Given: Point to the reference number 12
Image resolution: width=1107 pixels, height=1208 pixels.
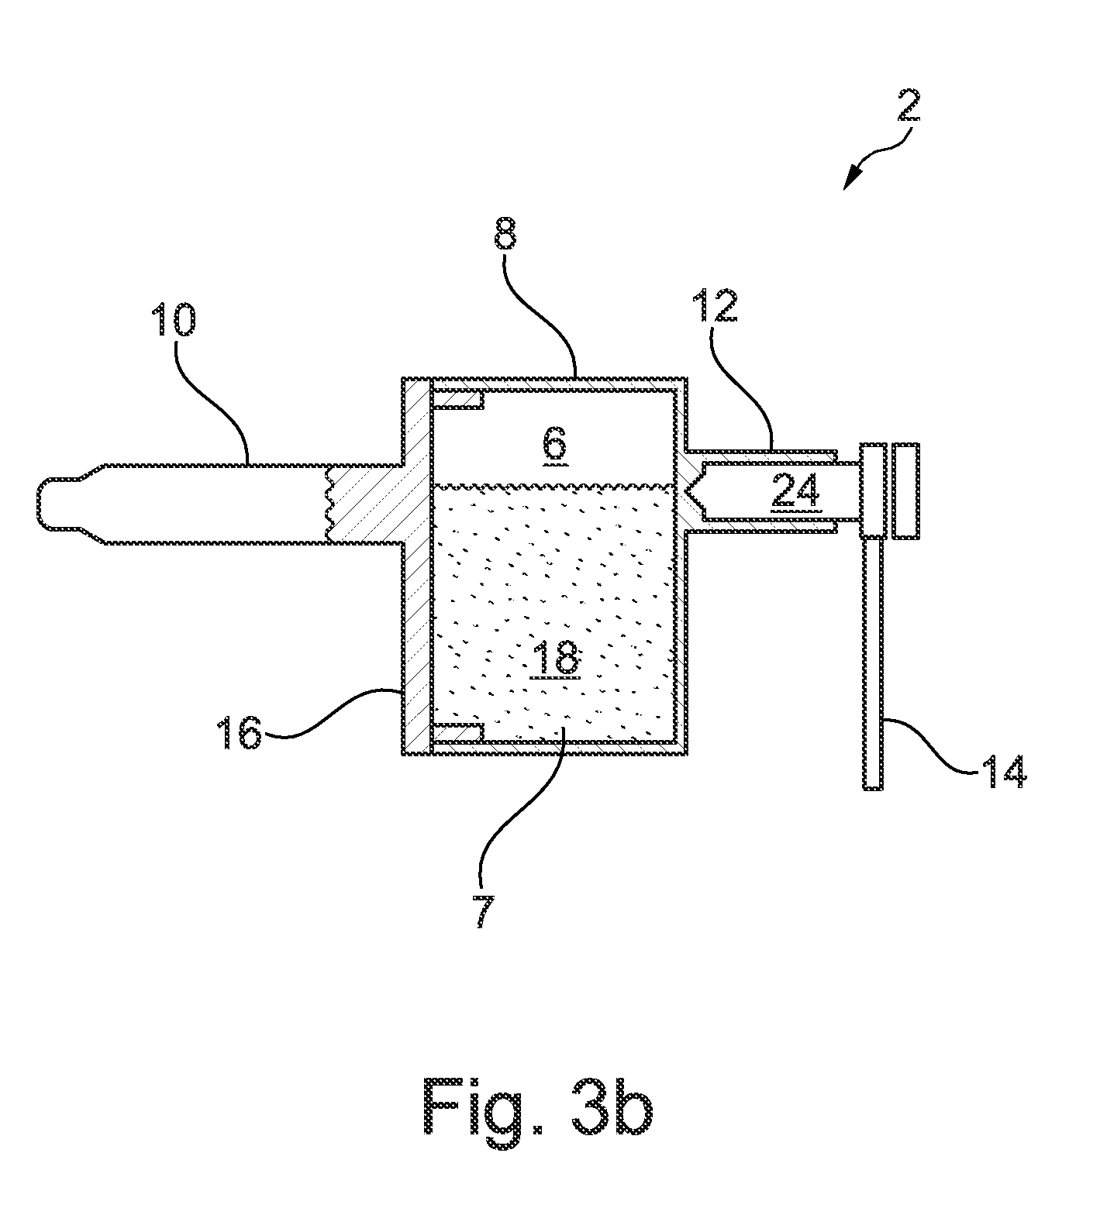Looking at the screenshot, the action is click(715, 307).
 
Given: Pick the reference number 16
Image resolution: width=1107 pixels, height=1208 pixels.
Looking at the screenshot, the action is click(240, 733).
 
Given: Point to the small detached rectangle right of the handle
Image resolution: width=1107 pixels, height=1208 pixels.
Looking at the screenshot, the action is click(905, 490).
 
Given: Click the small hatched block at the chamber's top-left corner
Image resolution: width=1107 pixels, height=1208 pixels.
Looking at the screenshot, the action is click(458, 400).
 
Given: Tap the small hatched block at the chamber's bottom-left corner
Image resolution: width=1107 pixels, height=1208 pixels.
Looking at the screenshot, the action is click(458, 730).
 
